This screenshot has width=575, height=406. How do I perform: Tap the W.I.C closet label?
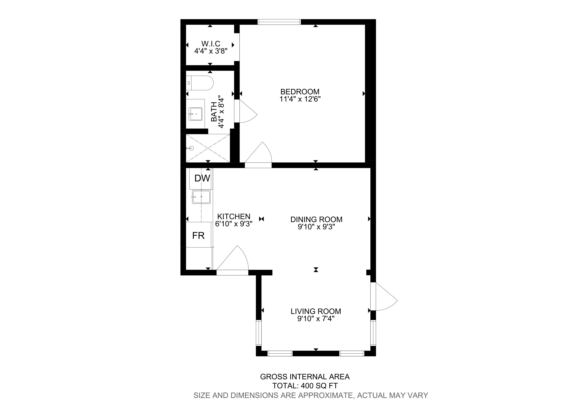point(211,44)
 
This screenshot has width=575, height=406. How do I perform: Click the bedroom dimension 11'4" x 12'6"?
point(300,99)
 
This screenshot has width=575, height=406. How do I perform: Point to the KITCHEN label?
point(234,216)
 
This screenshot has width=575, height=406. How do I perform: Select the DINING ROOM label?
point(316,219)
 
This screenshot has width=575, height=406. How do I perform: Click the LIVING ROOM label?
point(316,312)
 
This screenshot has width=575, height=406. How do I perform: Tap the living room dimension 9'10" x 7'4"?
point(316,319)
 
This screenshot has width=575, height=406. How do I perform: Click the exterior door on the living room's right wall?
point(384,297)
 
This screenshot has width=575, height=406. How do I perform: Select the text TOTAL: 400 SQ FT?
point(305,386)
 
